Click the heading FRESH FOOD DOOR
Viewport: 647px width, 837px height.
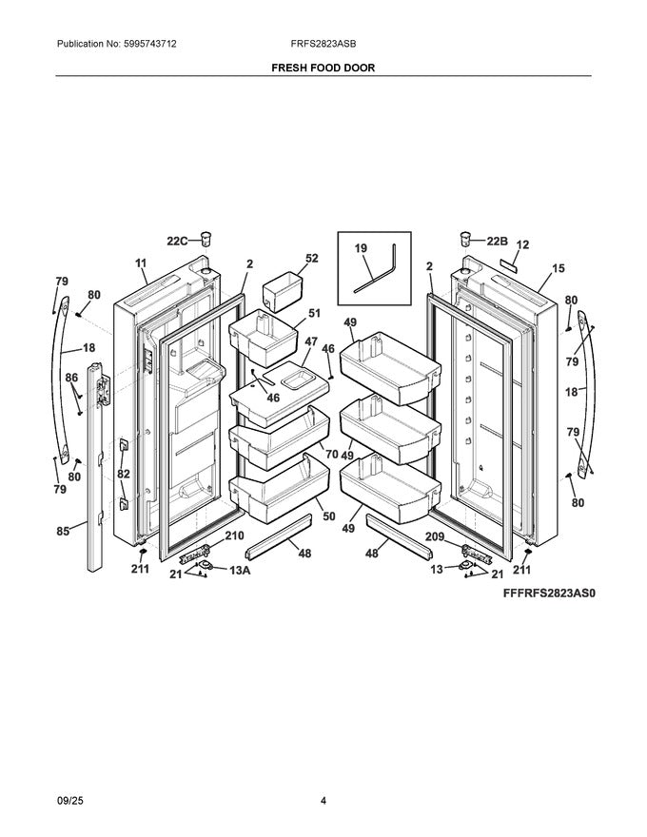[323, 68]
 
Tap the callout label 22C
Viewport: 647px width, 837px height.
[179, 242]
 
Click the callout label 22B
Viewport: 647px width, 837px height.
[498, 241]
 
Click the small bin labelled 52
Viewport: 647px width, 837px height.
[282, 289]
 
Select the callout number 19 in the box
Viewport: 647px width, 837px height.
[361, 247]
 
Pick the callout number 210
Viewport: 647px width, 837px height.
[233, 536]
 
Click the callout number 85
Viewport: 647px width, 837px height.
[62, 532]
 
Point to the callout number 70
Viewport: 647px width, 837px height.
[330, 454]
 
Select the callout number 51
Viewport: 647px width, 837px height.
[312, 312]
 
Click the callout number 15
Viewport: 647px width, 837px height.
[558, 269]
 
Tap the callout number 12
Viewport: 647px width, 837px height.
[521, 244]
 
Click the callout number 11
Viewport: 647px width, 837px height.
[141, 263]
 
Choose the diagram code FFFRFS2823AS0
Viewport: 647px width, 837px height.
[548, 593]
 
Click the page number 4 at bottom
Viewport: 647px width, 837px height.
[323, 801]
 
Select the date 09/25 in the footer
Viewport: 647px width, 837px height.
[70, 801]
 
